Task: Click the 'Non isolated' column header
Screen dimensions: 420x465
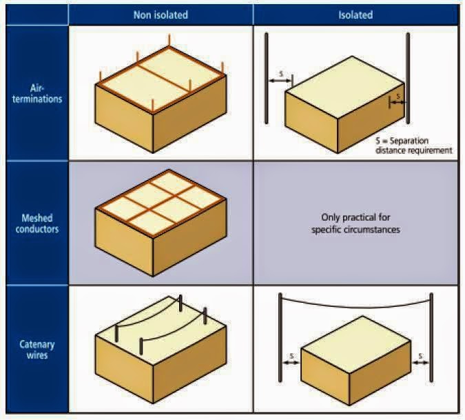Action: [x=161, y=14]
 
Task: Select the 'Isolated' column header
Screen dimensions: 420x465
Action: [x=355, y=14]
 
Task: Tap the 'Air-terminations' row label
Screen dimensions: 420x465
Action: [x=37, y=93]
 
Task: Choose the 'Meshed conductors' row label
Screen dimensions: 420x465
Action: [x=37, y=223]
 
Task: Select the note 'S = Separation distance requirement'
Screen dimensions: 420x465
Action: [x=413, y=146]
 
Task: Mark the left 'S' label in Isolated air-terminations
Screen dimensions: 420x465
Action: [x=280, y=73]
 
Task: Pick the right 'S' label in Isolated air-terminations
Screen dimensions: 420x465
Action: [x=398, y=97]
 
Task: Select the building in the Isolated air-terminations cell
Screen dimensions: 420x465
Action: [x=343, y=103]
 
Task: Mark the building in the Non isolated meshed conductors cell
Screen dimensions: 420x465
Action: [x=161, y=221]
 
